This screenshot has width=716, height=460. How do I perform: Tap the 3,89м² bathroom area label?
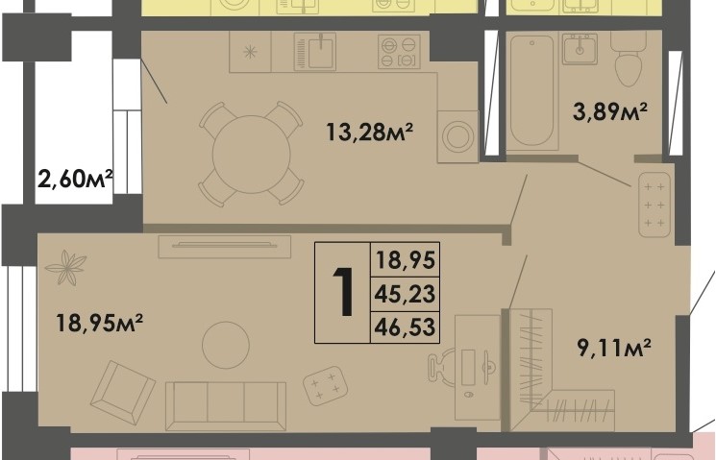(x=610, y=112)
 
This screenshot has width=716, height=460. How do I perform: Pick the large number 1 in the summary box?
(x=342, y=293)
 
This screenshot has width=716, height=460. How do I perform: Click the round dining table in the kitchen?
(x=251, y=153)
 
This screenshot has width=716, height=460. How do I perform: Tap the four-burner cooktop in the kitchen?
(x=399, y=51)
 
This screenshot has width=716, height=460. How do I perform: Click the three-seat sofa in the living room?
(x=225, y=404)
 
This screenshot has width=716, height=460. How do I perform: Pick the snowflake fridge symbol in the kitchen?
(x=251, y=52)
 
